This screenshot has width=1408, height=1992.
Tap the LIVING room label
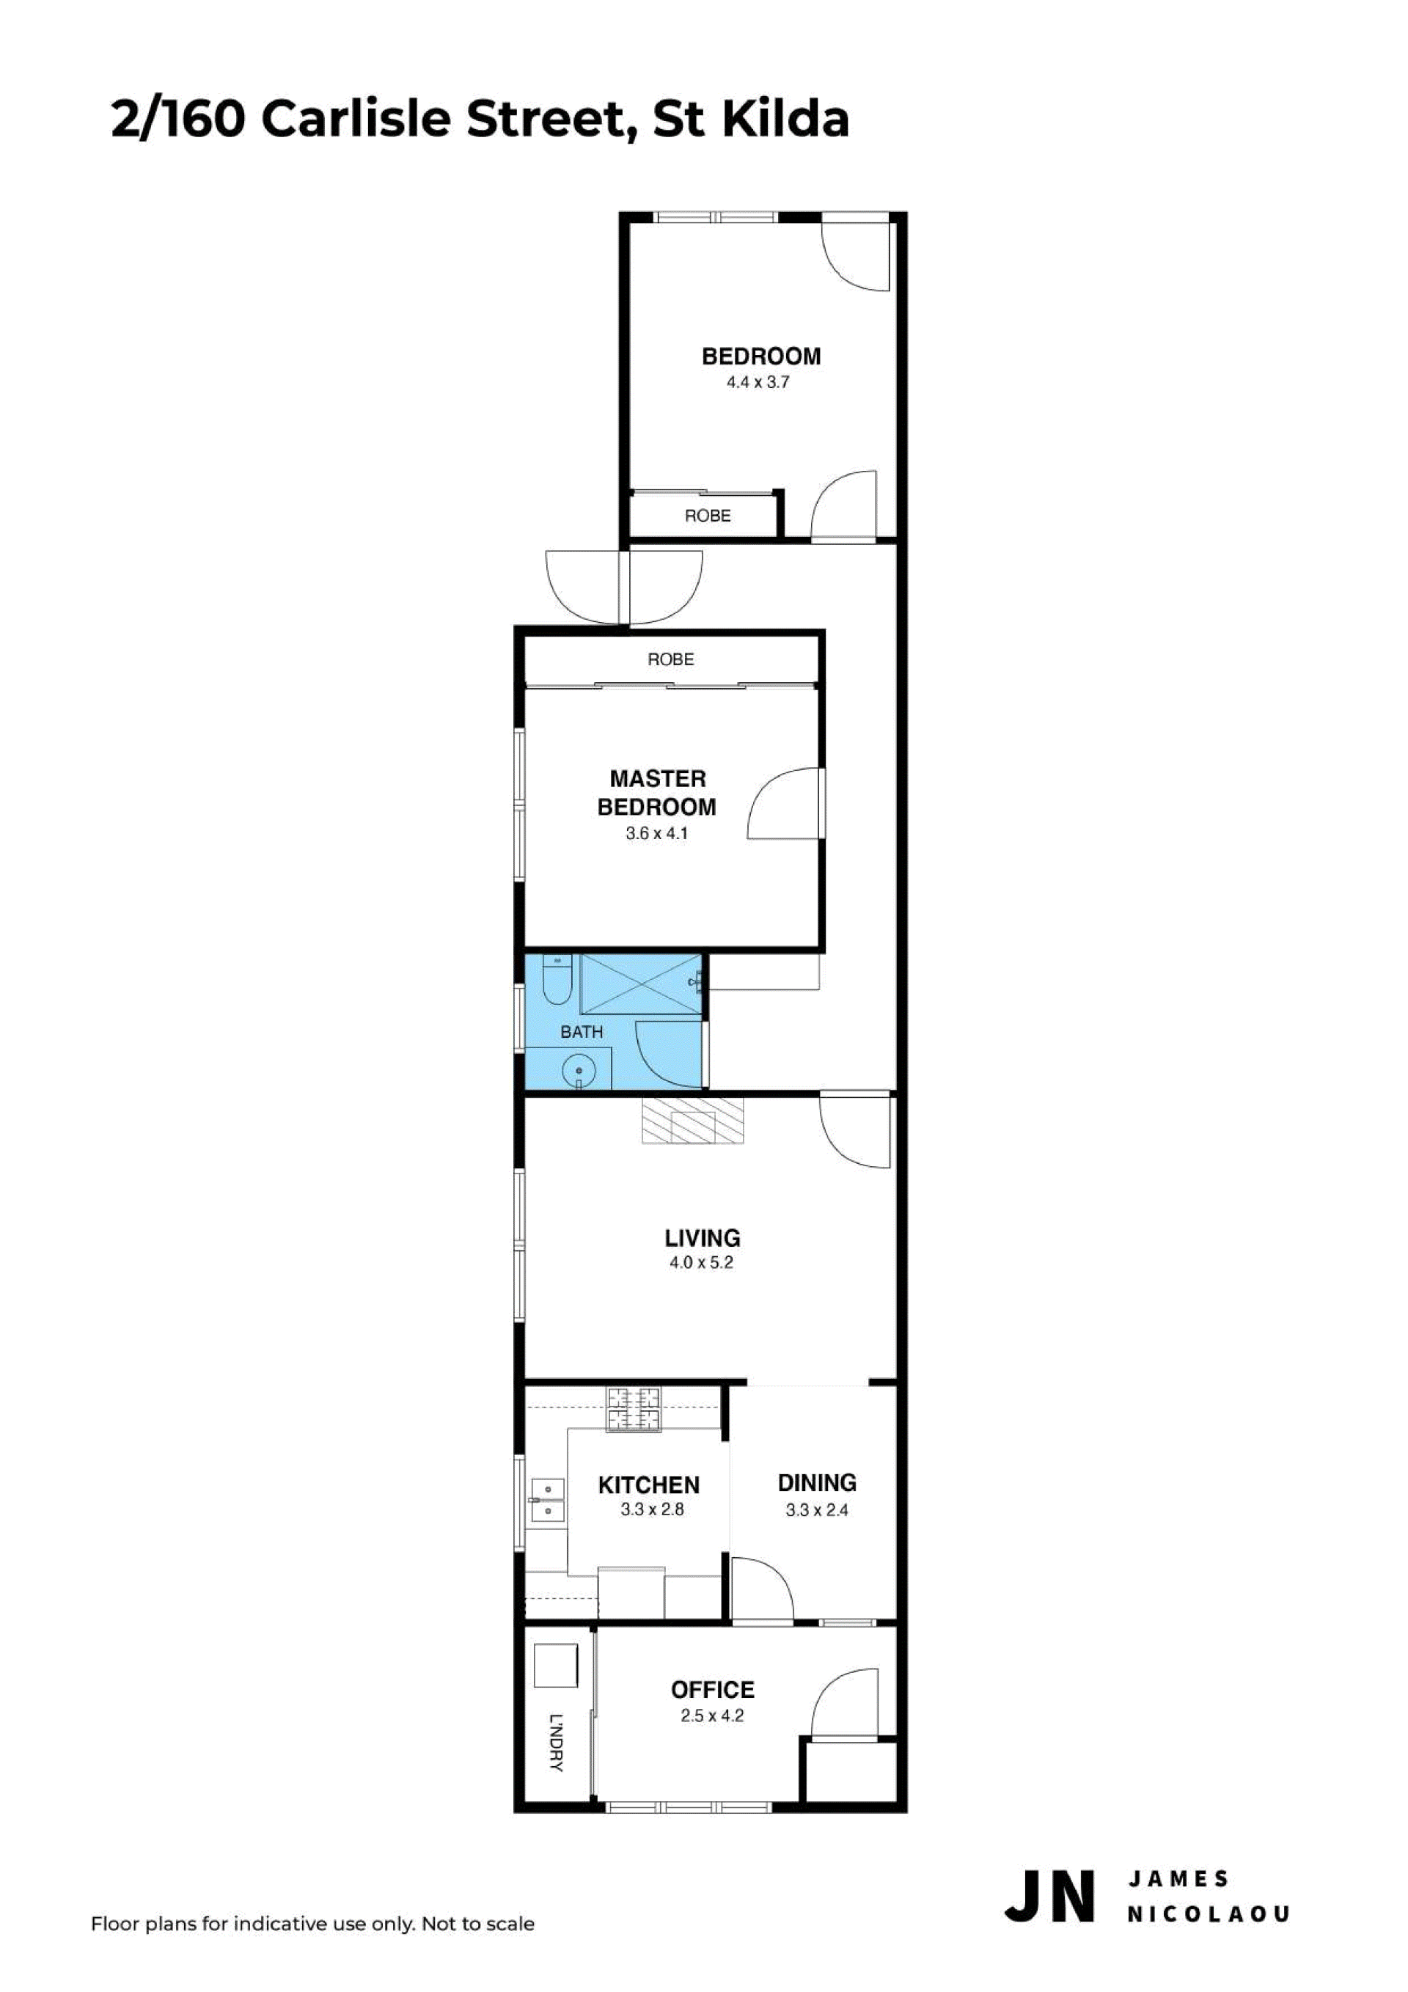702,1237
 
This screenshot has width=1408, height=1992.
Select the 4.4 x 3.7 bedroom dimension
758,381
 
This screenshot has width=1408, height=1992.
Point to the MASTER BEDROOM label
658,792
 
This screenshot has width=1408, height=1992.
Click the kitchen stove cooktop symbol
634,1410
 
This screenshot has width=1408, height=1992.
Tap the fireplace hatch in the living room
692,1120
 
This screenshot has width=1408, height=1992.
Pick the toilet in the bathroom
556,981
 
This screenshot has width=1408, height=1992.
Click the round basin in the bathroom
578,1072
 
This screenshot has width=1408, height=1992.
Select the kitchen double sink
546,1500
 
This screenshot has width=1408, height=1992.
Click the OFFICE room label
712,1689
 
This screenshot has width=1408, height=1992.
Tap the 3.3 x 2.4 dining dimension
816,1509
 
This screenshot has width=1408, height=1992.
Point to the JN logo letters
1049,1896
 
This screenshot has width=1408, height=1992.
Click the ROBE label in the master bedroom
670,659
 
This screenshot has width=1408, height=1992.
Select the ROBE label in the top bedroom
707,516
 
